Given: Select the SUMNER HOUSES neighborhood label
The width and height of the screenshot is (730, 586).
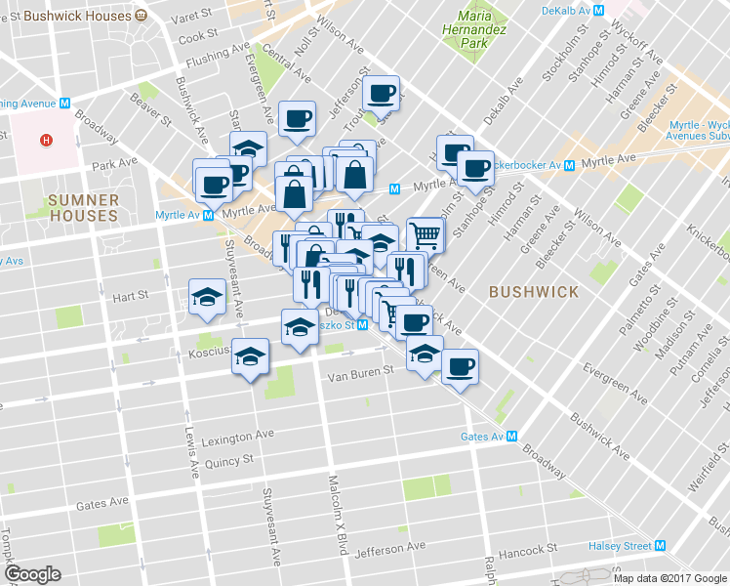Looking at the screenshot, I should tap(83, 207).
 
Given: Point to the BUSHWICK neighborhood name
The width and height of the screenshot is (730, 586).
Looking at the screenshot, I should tap(534, 291).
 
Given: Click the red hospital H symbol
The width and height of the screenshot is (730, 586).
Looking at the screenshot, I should tap(45, 140).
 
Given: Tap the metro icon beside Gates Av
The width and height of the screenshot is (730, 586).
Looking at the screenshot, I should tap(509, 437).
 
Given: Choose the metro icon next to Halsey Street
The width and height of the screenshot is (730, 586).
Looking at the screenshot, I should tap(661, 546).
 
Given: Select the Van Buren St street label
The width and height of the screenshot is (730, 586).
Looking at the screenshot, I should tap(359, 371).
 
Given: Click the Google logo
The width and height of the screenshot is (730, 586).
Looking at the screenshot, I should tap(32, 574).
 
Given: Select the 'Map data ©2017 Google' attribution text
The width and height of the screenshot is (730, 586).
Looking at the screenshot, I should tap(670, 578).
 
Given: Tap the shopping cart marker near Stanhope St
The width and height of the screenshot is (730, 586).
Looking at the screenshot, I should tap(425, 234).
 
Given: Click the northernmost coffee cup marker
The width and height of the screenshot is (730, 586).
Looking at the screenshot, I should tap(381, 94).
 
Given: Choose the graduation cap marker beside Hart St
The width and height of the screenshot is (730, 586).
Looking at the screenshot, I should tap(208, 297).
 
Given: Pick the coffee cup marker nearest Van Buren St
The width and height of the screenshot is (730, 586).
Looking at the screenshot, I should tap(460, 367).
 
